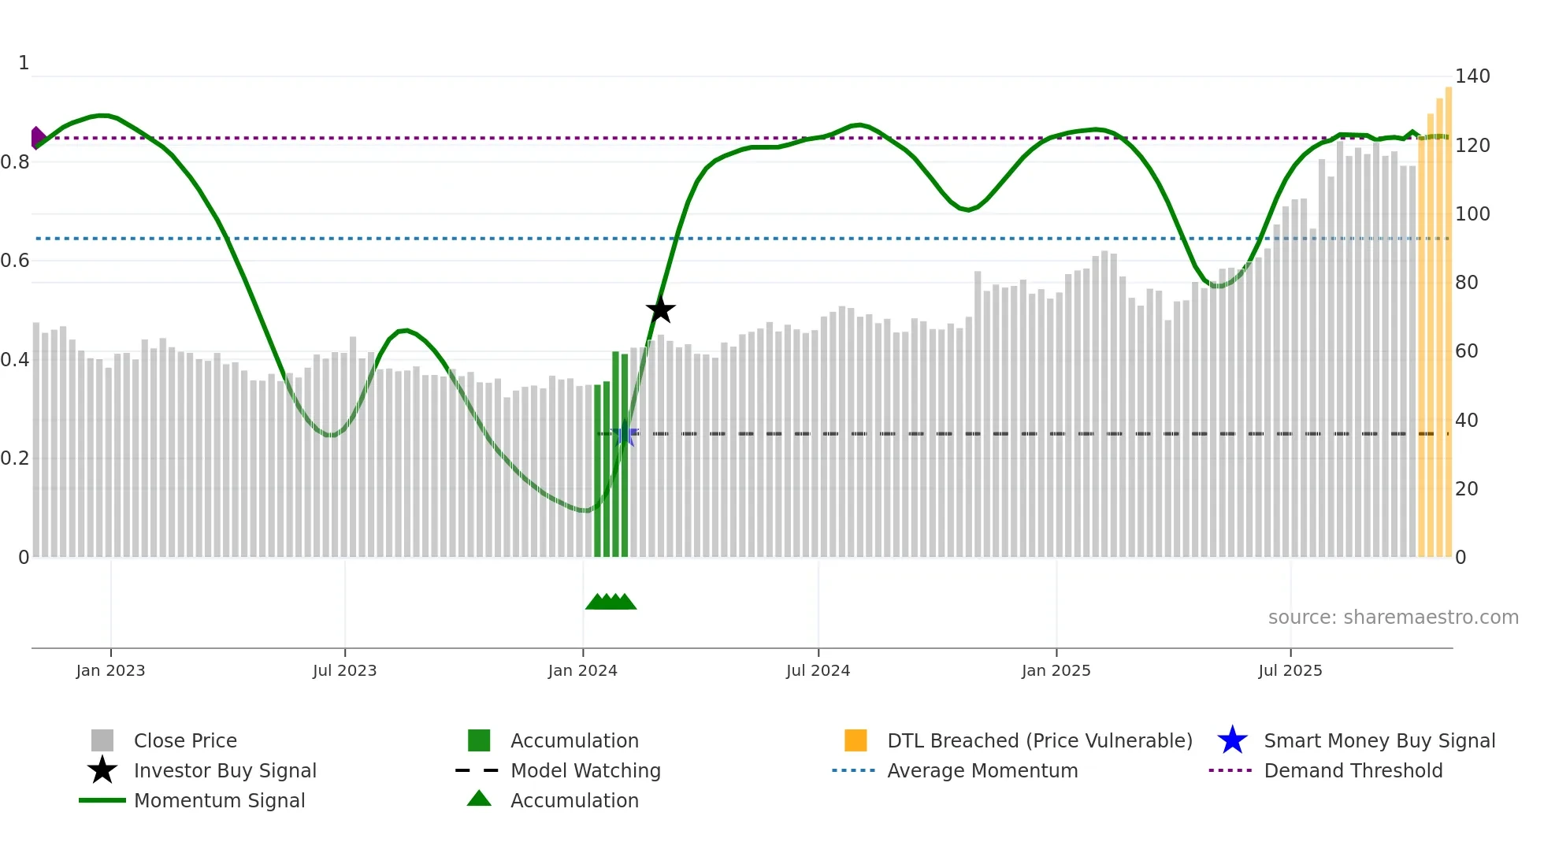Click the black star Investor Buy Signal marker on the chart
click(661, 310)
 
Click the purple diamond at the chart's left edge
click(37, 138)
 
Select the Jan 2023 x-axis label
click(110, 670)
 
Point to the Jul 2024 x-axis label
click(818, 670)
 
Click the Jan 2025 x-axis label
click(1056, 670)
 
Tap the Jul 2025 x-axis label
click(1290, 670)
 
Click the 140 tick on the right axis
click(1472, 76)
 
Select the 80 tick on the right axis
click(1466, 283)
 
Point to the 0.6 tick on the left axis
click(15, 261)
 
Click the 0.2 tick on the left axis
click(15, 458)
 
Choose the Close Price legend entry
click(185, 740)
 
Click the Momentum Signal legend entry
click(219, 800)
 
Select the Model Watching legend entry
click(585, 770)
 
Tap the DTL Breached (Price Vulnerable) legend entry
click(1039, 740)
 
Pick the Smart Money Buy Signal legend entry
click(1379, 740)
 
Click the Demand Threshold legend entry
click(1353, 770)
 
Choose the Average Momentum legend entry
click(982, 770)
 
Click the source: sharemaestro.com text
click(1393, 617)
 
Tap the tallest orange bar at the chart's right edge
click(1448, 315)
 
